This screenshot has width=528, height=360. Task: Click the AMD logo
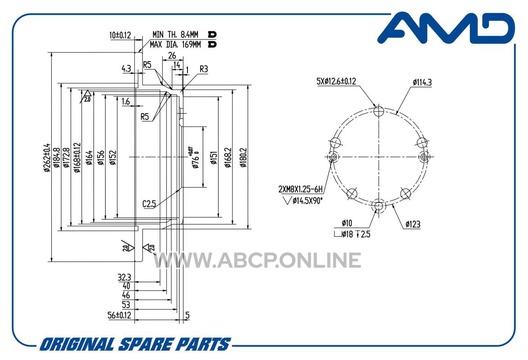(446, 28)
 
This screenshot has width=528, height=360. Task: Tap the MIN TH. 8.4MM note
(175, 34)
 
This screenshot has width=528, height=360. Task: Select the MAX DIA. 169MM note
(175, 45)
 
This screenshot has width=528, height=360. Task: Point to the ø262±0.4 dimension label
(46, 157)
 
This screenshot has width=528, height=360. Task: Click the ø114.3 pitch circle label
(422, 82)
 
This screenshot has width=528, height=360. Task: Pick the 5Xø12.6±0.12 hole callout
(336, 81)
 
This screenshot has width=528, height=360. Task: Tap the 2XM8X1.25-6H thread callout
(300, 189)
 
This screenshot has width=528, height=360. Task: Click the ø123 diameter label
(413, 224)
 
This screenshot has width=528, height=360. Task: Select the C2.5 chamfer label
(149, 203)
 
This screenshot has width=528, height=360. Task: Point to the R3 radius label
(204, 69)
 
